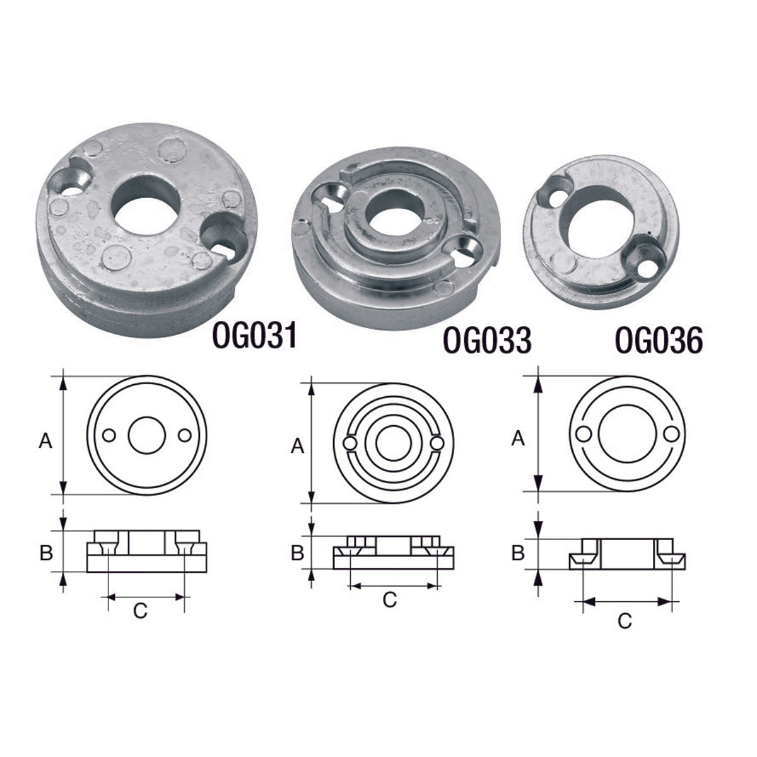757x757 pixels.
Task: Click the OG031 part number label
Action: pyautogui.click(x=254, y=336)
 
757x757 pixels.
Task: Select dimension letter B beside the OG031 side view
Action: pyautogui.click(x=45, y=553)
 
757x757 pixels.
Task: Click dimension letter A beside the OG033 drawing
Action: pyautogui.click(x=297, y=447)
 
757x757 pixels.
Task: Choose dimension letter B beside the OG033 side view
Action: pyautogui.click(x=297, y=553)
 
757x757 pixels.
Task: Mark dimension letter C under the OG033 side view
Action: pyautogui.click(x=390, y=600)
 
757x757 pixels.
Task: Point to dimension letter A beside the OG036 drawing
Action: pyautogui.click(x=517, y=438)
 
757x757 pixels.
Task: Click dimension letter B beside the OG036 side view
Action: pyautogui.click(x=517, y=553)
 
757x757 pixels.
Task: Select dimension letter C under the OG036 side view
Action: pyautogui.click(x=625, y=621)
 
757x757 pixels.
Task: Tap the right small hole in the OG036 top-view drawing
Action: pyautogui.click(x=673, y=435)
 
